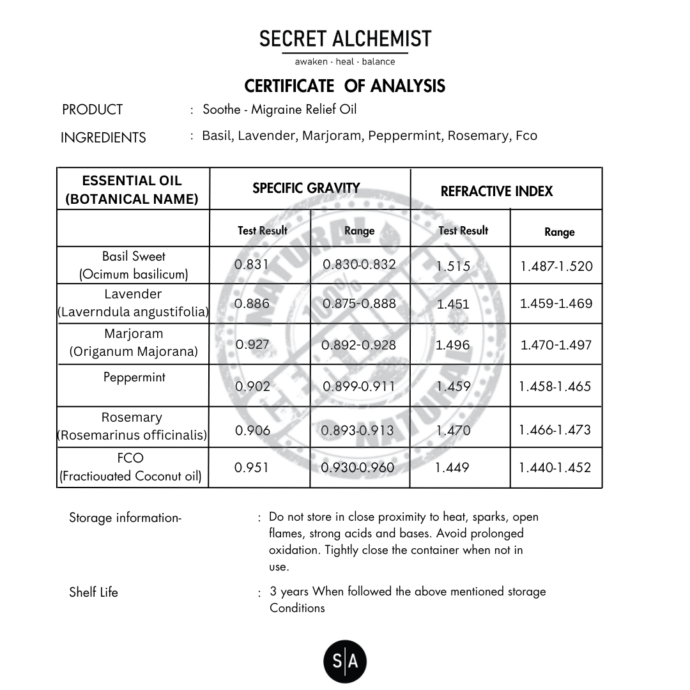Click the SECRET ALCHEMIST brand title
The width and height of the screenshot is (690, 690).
point(345,39)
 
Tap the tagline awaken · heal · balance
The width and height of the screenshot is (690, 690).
point(345,62)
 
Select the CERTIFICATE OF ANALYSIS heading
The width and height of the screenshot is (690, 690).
point(345,86)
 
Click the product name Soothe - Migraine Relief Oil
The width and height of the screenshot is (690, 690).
point(279,109)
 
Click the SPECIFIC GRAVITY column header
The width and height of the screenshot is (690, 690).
point(306,188)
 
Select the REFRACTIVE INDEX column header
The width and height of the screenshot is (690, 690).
point(496,191)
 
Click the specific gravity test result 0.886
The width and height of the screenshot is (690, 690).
point(252,303)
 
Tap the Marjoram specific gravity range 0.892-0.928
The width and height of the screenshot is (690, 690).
point(358,345)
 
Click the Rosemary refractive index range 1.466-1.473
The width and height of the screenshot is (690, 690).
point(555,429)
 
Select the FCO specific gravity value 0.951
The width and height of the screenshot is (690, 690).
point(252,468)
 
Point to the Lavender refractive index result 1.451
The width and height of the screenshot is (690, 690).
point(453,304)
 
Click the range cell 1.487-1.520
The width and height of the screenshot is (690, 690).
point(556,266)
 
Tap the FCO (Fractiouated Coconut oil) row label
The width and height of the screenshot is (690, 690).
point(131,467)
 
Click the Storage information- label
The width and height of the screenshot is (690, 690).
point(125,518)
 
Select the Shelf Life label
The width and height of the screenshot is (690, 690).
point(93,592)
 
